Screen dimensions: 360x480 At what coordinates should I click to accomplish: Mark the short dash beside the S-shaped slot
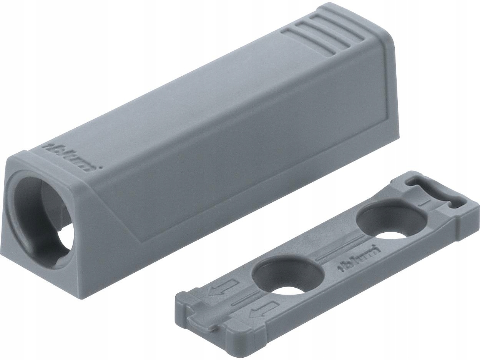[422, 203]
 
